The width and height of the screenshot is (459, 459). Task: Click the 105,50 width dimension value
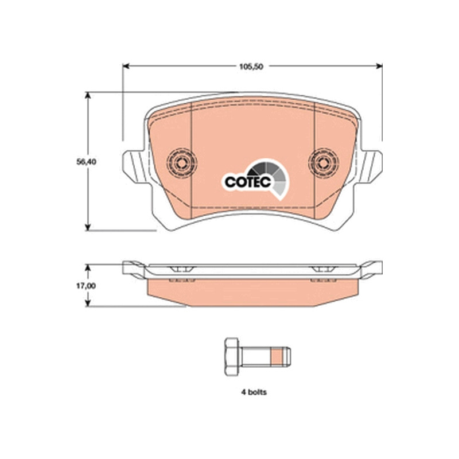point(251,67)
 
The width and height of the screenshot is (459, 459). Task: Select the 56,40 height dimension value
point(87,162)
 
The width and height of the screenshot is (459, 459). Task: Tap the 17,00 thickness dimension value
point(86,286)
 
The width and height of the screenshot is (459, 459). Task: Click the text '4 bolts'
point(254,392)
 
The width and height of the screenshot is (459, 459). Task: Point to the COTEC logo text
point(248,182)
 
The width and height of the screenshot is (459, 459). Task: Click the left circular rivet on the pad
point(182,162)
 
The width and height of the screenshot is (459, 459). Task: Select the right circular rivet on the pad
point(324,162)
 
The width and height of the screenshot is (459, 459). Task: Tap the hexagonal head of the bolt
point(232,356)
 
